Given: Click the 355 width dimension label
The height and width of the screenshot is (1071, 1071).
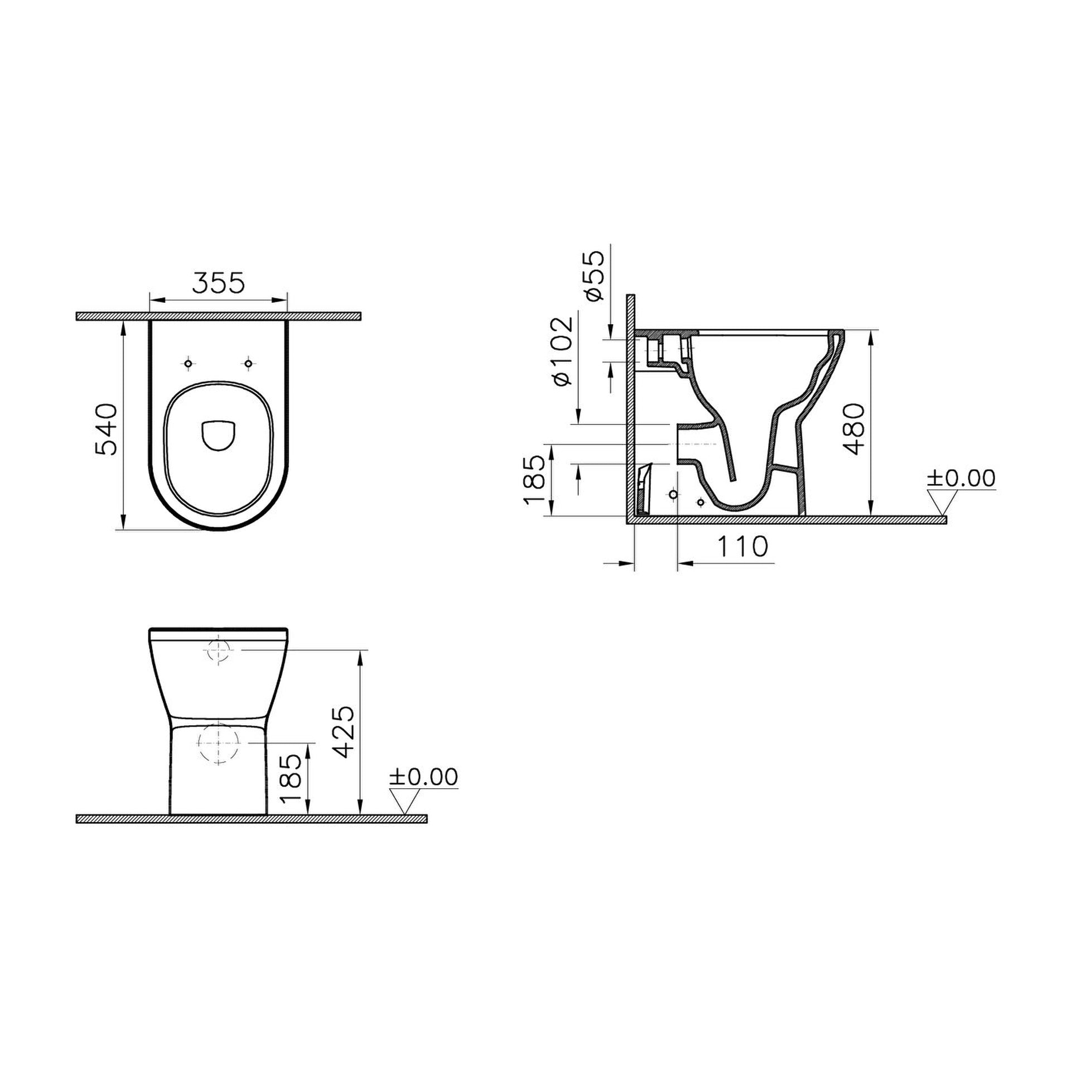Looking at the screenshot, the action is click(219, 283).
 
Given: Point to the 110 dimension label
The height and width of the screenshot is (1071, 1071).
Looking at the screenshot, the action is click(742, 547).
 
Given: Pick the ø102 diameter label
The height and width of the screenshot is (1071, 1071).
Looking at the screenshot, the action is click(562, 351).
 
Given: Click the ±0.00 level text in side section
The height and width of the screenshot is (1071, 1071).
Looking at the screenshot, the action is click(961, 479).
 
